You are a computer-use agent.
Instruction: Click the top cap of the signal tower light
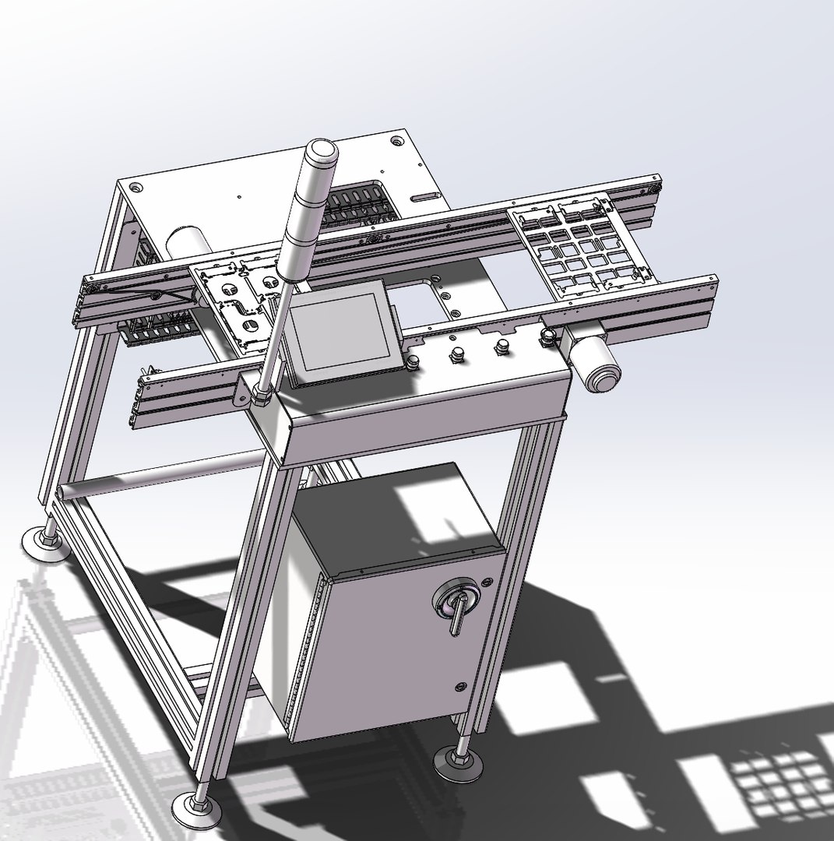(x=318, y=151)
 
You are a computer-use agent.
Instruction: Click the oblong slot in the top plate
(x=424, y=195)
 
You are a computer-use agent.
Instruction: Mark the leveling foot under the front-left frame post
(x=195, y=806)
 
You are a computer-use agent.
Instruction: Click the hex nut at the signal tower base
(x=260, y=398)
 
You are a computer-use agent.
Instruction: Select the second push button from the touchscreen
(x=456, y=354)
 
